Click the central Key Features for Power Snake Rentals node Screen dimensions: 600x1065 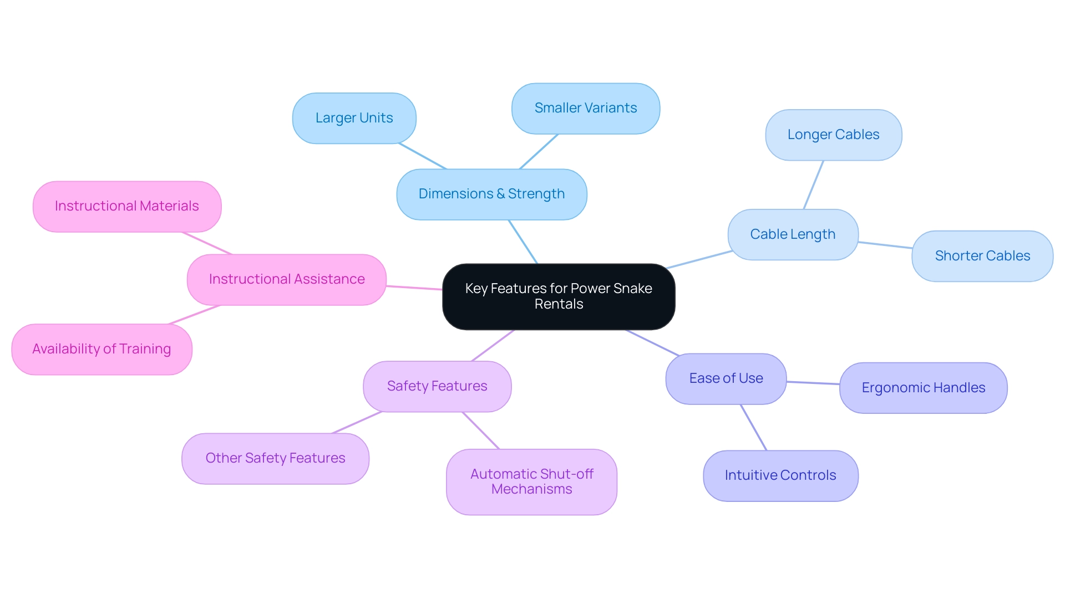click(559, 296)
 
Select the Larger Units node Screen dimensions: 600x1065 click(354, 118)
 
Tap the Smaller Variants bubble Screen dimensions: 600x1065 click(585, 108)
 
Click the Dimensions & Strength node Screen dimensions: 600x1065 click(491, 194)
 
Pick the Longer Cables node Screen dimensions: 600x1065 click(833, 135)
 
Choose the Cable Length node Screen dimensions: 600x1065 click(793, 234)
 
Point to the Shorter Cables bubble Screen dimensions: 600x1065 click(982, 256)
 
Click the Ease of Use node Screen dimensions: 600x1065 click(726, 378)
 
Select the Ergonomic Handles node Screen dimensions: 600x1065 click(923, 388)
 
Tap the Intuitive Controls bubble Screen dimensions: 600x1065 click(780, 475)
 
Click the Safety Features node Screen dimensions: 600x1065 click(437, 386)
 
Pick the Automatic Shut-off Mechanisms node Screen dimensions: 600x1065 click(531, 481)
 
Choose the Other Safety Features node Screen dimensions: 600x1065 click(275, 458)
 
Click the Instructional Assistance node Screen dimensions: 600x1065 click(286, 279)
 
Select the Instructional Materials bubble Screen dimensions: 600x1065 click(126, 206)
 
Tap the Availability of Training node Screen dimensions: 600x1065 click(102, 349)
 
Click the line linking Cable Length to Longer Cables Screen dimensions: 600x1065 click(813, 185)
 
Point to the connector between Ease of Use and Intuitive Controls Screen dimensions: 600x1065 click(753, 427)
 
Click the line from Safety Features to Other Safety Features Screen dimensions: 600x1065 click(357, 422)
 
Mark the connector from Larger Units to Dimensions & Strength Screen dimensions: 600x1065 click(423, 156)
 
